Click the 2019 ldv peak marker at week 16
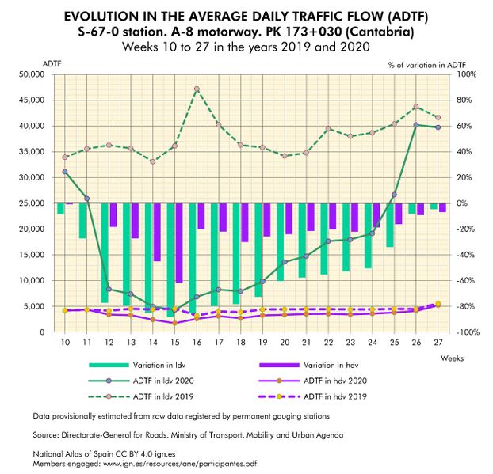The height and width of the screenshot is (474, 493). click(x=197, y=89)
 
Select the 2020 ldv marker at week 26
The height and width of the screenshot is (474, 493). click(x=416, y=125)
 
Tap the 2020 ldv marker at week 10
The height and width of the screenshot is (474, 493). click(x=65, y=172)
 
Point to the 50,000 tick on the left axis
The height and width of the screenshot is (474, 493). click(x=31, y=74)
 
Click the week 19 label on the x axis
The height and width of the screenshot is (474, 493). click(x=262, y=343)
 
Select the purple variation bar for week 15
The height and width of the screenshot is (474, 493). click(x=178, y=242)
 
